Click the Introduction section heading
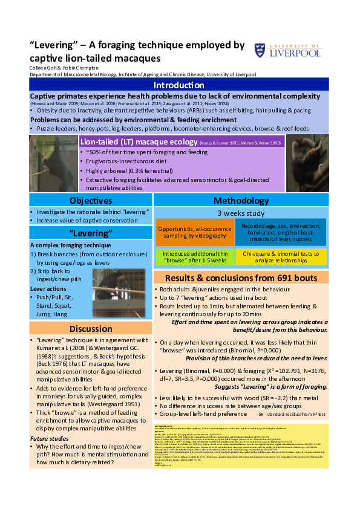pyautogui.click(x=179, y=85)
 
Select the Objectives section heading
pyautogui.click(x=90, y=201)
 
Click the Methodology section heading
pyautogui.click(x=241, y=201)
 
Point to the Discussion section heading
pyautogui.click(x=90, y=329)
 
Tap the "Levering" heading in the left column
pyautogui.click(x=90, y=233)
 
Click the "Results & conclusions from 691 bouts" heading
pyautogui.click(x=241, y=277)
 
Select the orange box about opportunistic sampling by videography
pyautogui.click(x=186, y=233)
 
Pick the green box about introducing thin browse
pyautogui.click(x=194, y=256)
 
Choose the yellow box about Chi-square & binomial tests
pyautogui.click(x=281, y=256)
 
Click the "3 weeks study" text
pyautogui.click(x=241, y=213)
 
